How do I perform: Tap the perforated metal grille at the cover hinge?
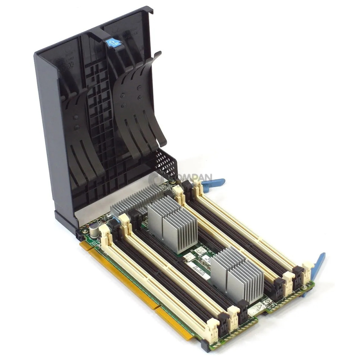pyautogui.click(x=166, y=164)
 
